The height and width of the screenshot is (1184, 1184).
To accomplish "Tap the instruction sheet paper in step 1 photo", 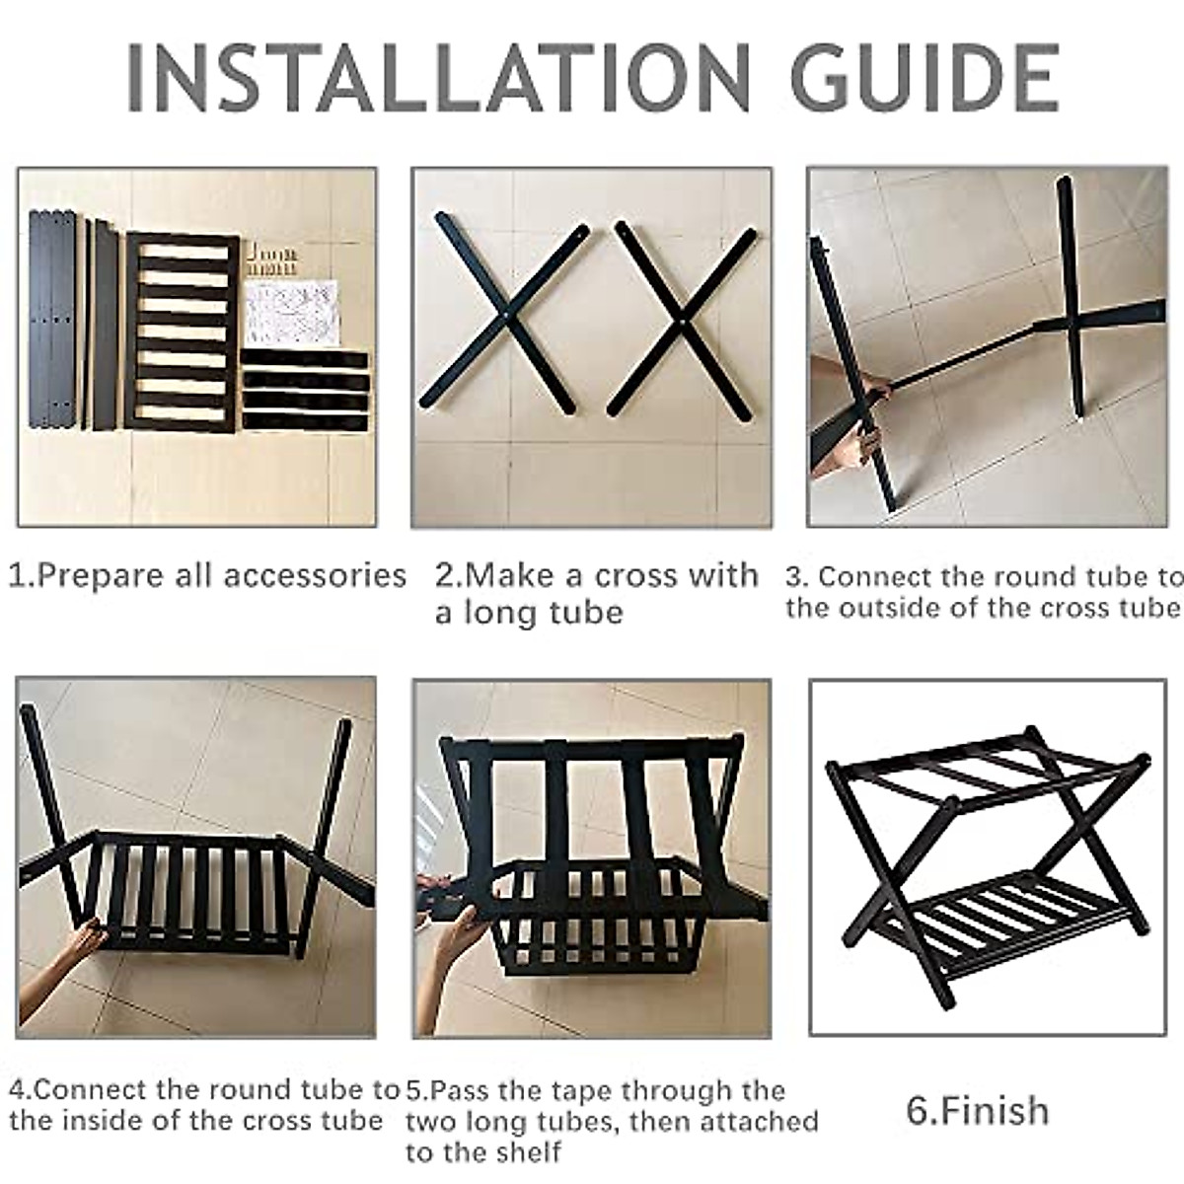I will (291, 312).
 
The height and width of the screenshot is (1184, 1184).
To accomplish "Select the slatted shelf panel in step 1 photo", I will (182, 333).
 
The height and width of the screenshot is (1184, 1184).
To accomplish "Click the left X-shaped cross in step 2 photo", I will (504, 318).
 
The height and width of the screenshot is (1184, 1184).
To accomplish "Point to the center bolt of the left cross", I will (505, 315).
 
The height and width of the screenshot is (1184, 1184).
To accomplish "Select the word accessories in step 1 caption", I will (315, 575).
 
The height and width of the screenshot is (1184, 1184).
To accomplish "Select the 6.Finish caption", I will (977, 1110).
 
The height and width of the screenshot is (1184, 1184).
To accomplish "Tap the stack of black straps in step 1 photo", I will (305, 390).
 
